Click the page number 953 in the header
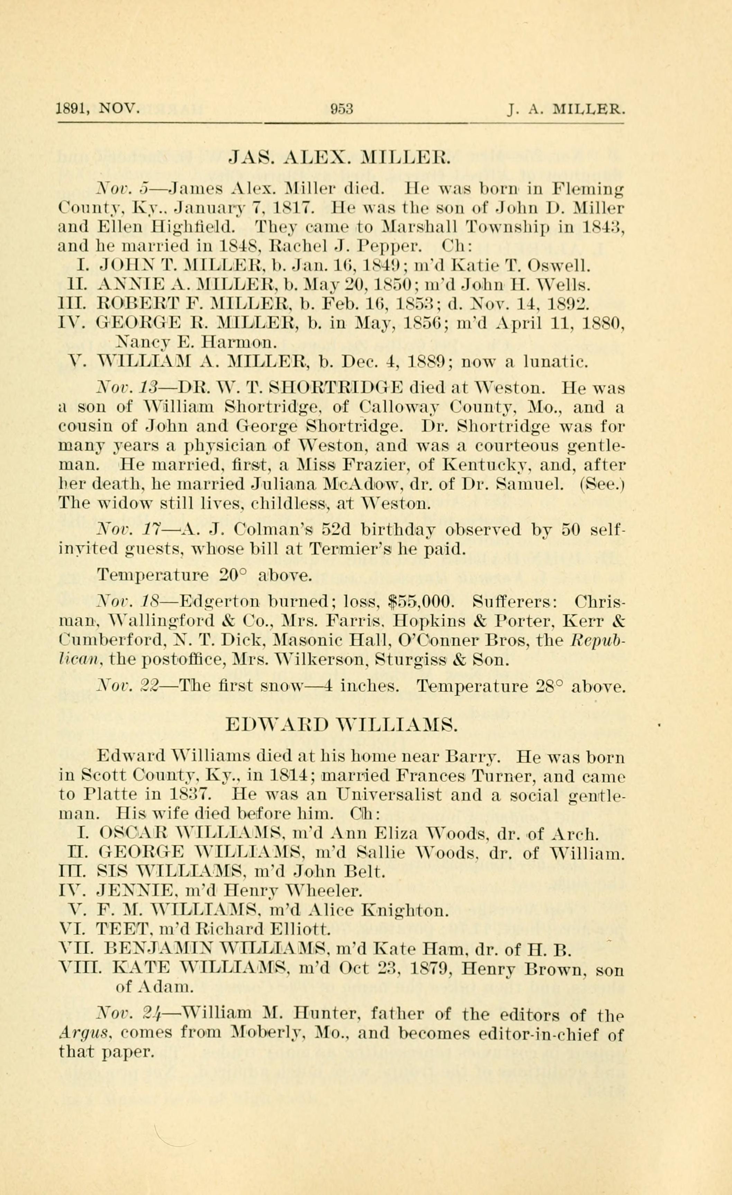341,109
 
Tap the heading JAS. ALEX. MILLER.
339,158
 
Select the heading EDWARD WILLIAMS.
341,726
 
